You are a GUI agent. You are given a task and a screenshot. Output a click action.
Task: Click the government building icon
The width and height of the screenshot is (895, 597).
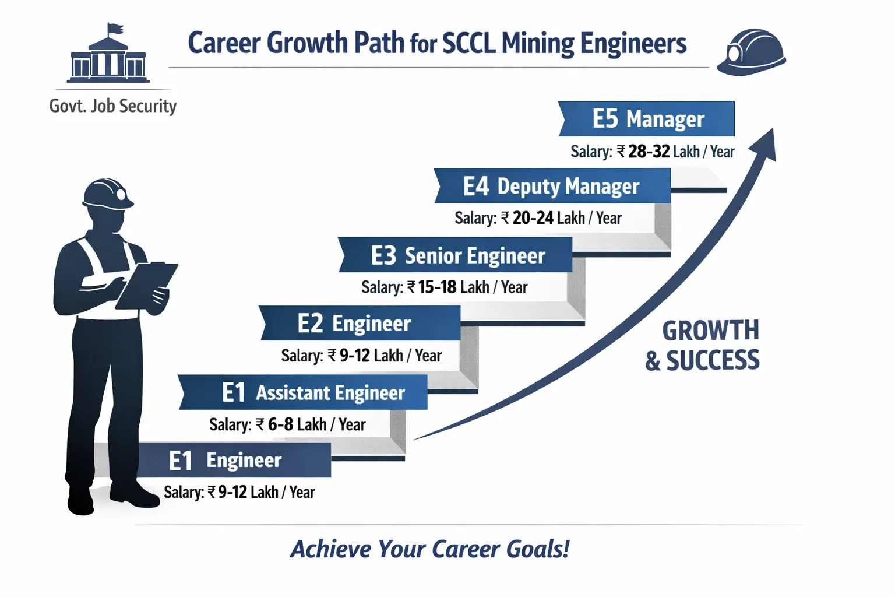click(109, 58)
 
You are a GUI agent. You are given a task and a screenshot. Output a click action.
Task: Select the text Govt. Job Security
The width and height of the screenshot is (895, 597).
click(113, 106)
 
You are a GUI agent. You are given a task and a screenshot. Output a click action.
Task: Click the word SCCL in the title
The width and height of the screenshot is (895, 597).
click(469, 44)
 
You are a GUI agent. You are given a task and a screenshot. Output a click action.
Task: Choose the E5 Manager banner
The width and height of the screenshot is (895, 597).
click(647, 119)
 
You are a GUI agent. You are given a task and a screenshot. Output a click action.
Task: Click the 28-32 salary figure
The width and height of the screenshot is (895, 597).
click(649, 152)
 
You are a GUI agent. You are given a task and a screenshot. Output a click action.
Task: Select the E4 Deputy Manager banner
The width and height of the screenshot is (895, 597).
click(552, 186)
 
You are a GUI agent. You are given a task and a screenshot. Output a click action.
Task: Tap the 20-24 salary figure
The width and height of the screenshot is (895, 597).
click(533, 218)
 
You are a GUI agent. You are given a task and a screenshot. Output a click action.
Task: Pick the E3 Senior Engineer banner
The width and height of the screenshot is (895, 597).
click(456, 255)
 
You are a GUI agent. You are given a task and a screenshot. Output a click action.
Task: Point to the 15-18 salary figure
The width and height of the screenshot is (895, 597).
click(438, 287)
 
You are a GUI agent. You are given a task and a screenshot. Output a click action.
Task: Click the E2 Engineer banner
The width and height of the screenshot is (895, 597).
click(360, 323)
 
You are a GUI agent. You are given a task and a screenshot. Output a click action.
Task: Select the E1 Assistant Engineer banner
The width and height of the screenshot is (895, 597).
click(303, 392)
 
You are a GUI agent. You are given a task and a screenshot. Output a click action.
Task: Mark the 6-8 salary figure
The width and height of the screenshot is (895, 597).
click(280, 424)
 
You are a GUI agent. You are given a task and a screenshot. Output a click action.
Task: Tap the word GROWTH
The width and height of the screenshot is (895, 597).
click(711, 331)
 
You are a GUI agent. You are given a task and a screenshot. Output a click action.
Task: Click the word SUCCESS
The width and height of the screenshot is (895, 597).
click(713, 360)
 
